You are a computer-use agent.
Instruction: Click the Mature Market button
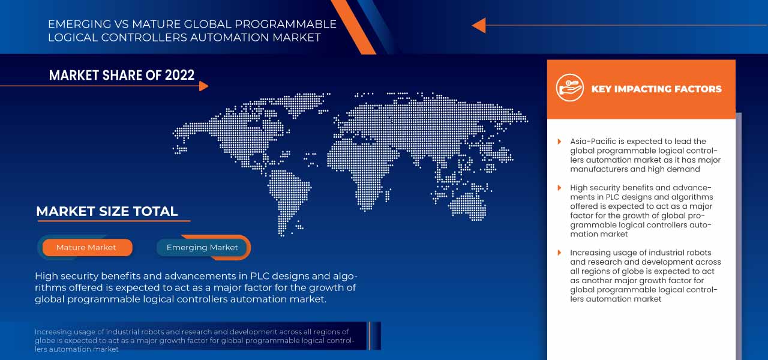click(x=86, y=247)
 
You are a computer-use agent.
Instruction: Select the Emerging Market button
click(x=202, y=247)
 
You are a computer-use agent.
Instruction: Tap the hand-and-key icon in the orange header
click(x=569, y=88)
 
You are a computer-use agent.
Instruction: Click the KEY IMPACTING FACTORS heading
click(x=656, y=89)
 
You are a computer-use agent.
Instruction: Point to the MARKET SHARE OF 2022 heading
click(x=122, y=75)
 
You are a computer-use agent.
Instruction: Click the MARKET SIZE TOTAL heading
click(x=107, y=211)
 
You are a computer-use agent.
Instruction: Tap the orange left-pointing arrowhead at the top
click(x=479, y=25)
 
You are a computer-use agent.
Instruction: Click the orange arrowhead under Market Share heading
click(x=203, y=86)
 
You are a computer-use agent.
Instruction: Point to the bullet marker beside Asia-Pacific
click(x=560, y=142)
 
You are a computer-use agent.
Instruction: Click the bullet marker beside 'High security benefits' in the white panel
click(x=560, y=188)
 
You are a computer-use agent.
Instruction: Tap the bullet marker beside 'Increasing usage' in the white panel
click(x=560, y=253)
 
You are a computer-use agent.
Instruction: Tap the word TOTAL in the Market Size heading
click(x=157, y=211)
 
